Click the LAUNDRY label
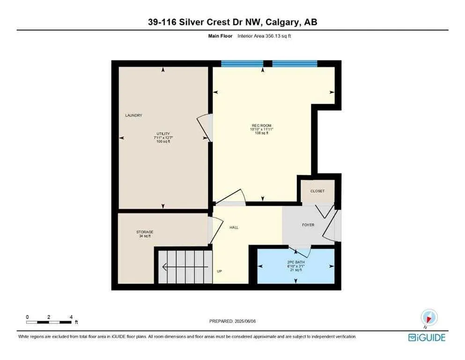click(133, 115)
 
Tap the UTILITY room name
click(163, 134)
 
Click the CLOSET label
click(317, 191)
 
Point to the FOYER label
click(308, 225)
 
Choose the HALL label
click(234, 227)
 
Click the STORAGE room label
click(145, 232)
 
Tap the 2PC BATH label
click(295, 262)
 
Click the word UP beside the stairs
click(219, 271)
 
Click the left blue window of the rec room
click(242, 64)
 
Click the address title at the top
click(232, 22)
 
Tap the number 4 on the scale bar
click(71, 317)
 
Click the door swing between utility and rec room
click(204, 127)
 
